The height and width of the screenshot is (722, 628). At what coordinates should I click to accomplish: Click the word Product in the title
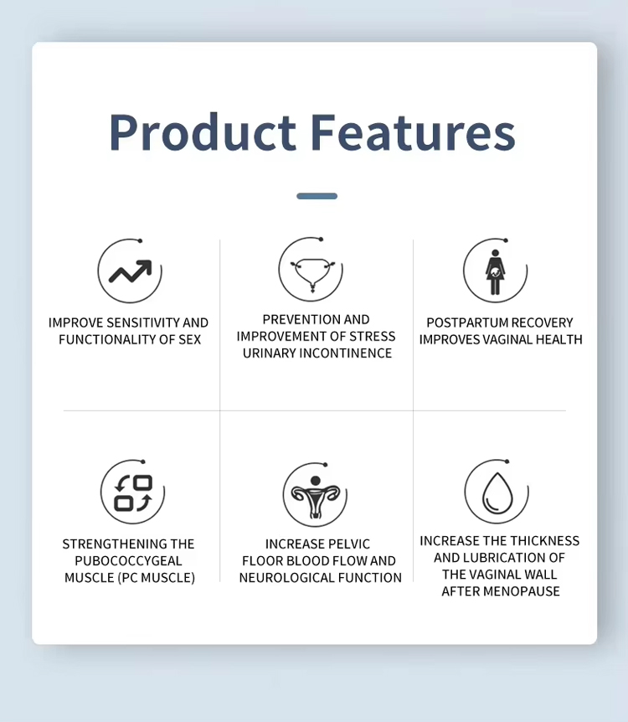[202, 132]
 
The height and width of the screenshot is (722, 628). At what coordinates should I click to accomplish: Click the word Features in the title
[412, 132]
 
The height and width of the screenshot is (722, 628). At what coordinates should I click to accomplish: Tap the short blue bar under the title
[317, 196]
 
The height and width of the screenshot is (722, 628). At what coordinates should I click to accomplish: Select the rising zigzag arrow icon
[130, 271]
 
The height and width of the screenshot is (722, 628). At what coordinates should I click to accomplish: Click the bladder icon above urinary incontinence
[311, 271]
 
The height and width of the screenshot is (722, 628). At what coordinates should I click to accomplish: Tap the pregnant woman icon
[495, 271]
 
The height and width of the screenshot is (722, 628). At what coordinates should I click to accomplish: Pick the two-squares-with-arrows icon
[132, 493]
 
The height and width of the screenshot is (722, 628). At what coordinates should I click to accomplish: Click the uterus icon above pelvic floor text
[315, 494]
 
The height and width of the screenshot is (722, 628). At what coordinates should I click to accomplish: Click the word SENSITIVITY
[138, 322]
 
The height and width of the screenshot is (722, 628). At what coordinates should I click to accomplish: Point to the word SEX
[189, 340]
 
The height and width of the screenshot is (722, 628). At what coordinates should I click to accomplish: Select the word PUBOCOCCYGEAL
[128, 561]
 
